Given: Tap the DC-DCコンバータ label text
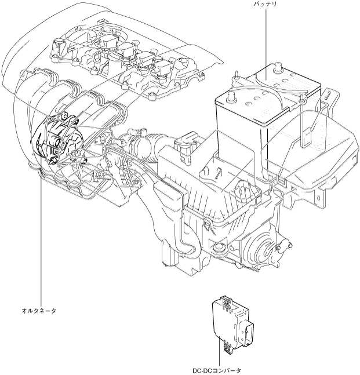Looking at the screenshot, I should click(x=216, y=369).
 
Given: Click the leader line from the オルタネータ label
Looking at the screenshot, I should click(x=41, y=243).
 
